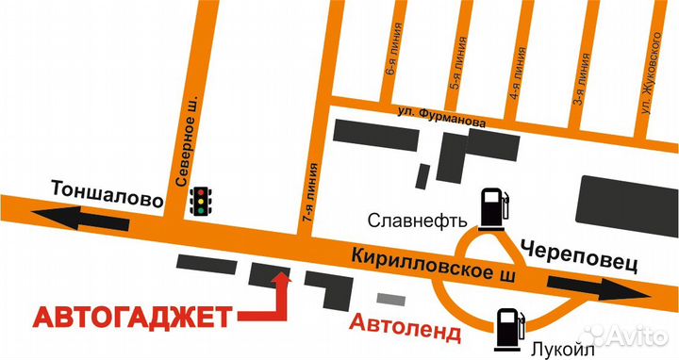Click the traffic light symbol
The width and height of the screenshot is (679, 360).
click(x=201, y=200)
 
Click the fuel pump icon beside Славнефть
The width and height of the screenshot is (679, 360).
click(x=492, y=207)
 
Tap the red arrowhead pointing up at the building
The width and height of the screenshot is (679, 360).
click(x=280, y=278)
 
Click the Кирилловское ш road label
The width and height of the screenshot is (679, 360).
click(x=435, y=265)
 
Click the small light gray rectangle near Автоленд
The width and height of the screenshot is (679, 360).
click(x=389, y=298)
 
